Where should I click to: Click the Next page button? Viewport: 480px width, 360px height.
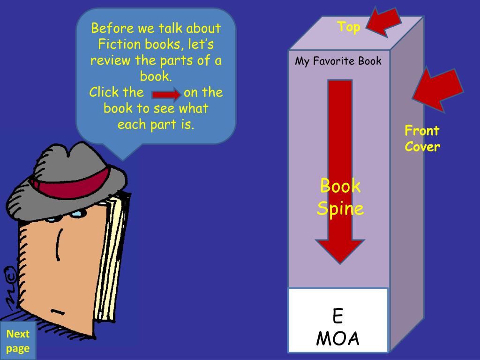click(x=18, y=341)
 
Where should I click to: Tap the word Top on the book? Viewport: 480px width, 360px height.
click(x=349, y=27)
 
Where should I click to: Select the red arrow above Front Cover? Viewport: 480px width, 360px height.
click(x=436, y=90)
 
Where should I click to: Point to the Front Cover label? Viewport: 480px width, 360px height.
click(x=422, y=138)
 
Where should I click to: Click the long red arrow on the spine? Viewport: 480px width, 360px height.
click(x=340, y=141)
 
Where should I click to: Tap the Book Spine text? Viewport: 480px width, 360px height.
click(x=340, y=197)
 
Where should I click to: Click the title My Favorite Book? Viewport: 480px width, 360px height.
click(x=338, y=61)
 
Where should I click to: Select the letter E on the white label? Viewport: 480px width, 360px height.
click(x=337, y=317)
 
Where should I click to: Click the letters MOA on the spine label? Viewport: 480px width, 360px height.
click(x=337, y=338)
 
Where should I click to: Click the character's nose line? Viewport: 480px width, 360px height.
click(x=59, y=244)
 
